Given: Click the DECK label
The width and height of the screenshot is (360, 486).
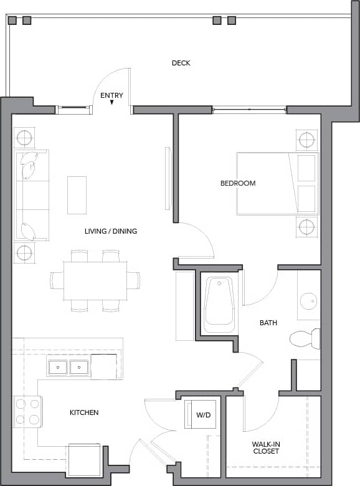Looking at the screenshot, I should click(x=181, y=63).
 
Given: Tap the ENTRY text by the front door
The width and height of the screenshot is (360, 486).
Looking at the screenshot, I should click(x=112, y=95).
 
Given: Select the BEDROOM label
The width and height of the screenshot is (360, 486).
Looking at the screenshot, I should click(x=238, y=183).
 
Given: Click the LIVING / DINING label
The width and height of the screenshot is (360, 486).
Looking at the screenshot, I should click(x=111, y=231).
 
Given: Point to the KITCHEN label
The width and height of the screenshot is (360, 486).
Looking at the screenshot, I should click(x=83, y=412).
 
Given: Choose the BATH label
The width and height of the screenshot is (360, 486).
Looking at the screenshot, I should click(x=268, y=323).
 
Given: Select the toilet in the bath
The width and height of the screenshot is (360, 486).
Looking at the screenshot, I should click(x=305, y=339).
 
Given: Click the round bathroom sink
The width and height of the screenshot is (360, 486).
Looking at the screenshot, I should click(x=309, y=302).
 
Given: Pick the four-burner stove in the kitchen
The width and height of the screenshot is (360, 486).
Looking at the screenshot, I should click(x=27, y=411).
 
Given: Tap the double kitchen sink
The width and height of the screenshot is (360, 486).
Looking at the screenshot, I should click(x=69, y=367).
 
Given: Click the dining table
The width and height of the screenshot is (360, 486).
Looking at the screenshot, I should click(x=95, y=280).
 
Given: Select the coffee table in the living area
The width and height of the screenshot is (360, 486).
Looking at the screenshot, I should click(x=77, y=194).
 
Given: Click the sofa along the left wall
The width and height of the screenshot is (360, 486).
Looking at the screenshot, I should click(x=32, y=195).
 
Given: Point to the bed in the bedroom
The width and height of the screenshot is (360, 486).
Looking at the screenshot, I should click(x=277, y=184).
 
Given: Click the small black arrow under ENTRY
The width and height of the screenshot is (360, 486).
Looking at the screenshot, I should click(x=112, y=103).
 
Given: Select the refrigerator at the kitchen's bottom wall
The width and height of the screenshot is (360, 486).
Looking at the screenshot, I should click(x=83, y=460).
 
